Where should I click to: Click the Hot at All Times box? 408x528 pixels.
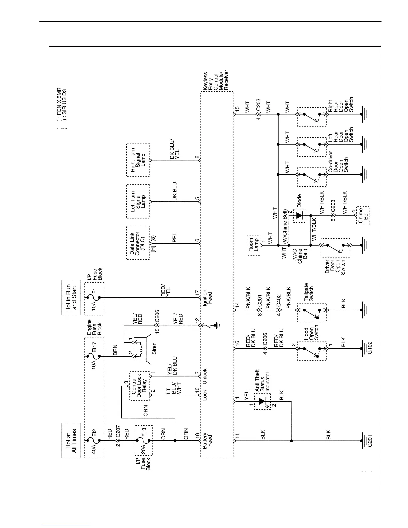click(x=71, y=440)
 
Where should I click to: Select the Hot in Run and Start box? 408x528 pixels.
click(x=71, y=298)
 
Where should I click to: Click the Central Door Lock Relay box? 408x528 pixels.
click(x=139, y=386)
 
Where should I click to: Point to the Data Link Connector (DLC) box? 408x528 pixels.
click(x=138, y=243)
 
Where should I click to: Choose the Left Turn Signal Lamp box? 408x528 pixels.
click(x=138, y=201)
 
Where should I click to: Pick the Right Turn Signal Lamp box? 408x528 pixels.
click(x=138, y=160)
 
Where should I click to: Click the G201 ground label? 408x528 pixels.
click(x=369, y=441)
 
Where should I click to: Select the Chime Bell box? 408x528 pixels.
click(x=363, y=215)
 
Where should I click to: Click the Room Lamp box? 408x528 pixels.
click(x=253, y=245)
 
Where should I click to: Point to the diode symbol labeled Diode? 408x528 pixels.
click(x=299, y=215)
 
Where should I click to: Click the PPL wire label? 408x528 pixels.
click(x=175, y=238)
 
